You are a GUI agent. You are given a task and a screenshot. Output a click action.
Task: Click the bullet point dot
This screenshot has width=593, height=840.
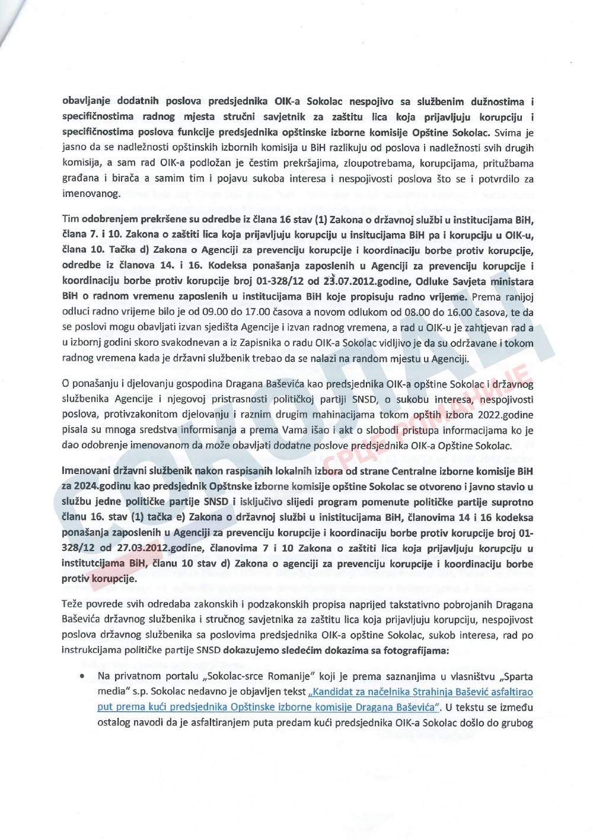[80, 676]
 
